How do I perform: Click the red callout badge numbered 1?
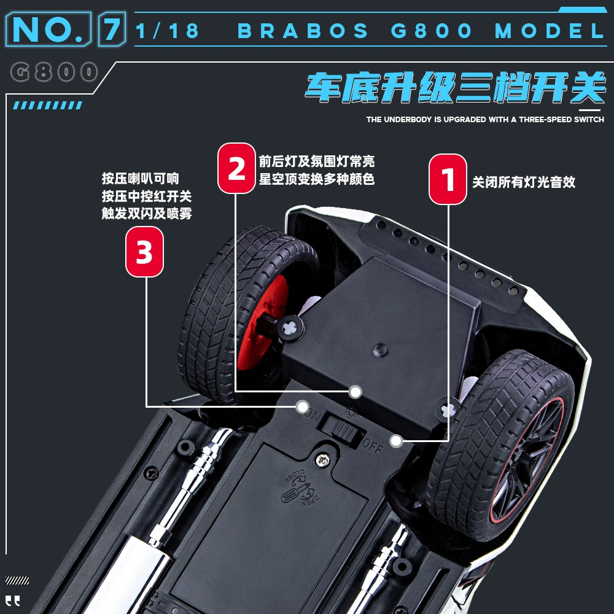(448, 179)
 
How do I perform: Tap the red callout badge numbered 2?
(236, 168)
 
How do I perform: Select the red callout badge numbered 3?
(144, 252)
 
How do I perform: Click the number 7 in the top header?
(112, 29)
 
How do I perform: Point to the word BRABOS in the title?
(303, 31)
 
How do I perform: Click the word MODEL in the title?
(550, 31)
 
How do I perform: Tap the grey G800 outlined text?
(54, 72)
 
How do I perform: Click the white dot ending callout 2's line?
(355, 392)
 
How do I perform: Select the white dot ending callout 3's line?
(302, 407)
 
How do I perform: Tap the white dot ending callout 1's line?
(396, 441)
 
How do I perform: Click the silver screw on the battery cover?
(322, 460)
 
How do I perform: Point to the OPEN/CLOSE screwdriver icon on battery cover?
(300, 489)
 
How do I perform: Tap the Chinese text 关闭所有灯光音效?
(524, 182)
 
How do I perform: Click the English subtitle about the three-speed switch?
(485, 120)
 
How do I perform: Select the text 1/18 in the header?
(167, 31)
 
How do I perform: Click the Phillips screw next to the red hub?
(290, 327)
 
